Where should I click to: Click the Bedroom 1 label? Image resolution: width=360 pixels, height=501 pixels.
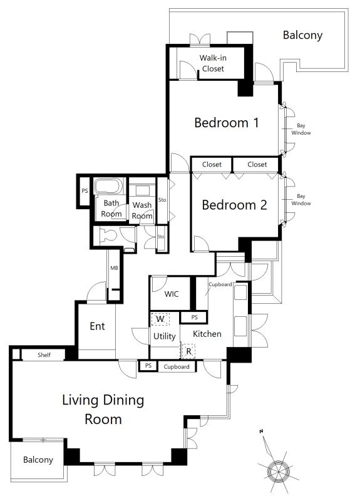click(227, 123)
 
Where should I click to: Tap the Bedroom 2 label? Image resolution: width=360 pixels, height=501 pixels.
click(234, 205)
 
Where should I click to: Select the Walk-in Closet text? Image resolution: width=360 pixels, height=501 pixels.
click(213, 63)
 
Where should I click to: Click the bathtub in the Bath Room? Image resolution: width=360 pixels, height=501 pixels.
click(108, 186)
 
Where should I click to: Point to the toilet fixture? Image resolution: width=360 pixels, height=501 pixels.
click(108, 236)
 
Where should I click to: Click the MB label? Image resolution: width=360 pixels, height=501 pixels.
click(114, 268)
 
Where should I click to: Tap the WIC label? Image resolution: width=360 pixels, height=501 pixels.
click(172, 294)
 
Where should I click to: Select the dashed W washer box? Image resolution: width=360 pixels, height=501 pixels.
click(160, 319)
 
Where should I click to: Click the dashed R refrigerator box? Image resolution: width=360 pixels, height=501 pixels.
click(188, 351)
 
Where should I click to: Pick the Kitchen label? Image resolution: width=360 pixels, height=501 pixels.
click(207, 334)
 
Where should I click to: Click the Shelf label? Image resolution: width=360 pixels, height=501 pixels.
click(44, 354)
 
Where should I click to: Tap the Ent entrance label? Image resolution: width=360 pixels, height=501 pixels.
click(97, 326)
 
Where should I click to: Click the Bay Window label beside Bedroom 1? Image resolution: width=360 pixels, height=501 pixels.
click(301, 129)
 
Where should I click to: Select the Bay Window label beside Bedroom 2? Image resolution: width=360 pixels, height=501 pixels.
click(301, 200)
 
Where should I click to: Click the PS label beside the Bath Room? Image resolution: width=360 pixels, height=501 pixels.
click(85, 191)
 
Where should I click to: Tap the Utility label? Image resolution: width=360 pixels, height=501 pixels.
click(165, 336)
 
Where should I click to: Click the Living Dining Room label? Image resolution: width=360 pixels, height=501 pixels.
click(103, 410)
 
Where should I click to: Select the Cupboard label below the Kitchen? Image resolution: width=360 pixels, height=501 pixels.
click(177, 367)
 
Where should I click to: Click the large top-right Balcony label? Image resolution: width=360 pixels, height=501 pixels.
click(302, 35)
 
